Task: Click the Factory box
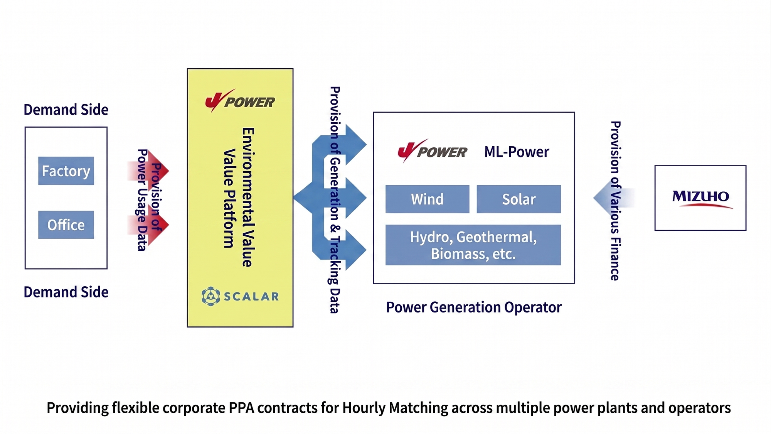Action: coord(66,171)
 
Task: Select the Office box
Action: coord(66,225)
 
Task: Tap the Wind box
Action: coord(428,199)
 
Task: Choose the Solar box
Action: coord(519,199)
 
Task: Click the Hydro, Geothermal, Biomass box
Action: coord(473,245)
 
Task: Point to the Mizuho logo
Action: coord(701,198)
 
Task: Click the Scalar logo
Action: coord(240,296)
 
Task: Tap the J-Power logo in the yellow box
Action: coord(240,101)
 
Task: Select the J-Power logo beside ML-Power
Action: coord(432,150)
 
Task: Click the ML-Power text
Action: coord(517,152)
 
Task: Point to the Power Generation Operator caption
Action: coord(474,307)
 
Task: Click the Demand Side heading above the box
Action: coord(66,110)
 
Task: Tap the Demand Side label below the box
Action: coord(66,292)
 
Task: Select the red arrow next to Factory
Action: coord(148,171)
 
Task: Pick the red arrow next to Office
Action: coord(148,225)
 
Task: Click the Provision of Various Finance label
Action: coord(615,201)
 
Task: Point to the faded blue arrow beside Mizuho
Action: coord(614,198)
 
